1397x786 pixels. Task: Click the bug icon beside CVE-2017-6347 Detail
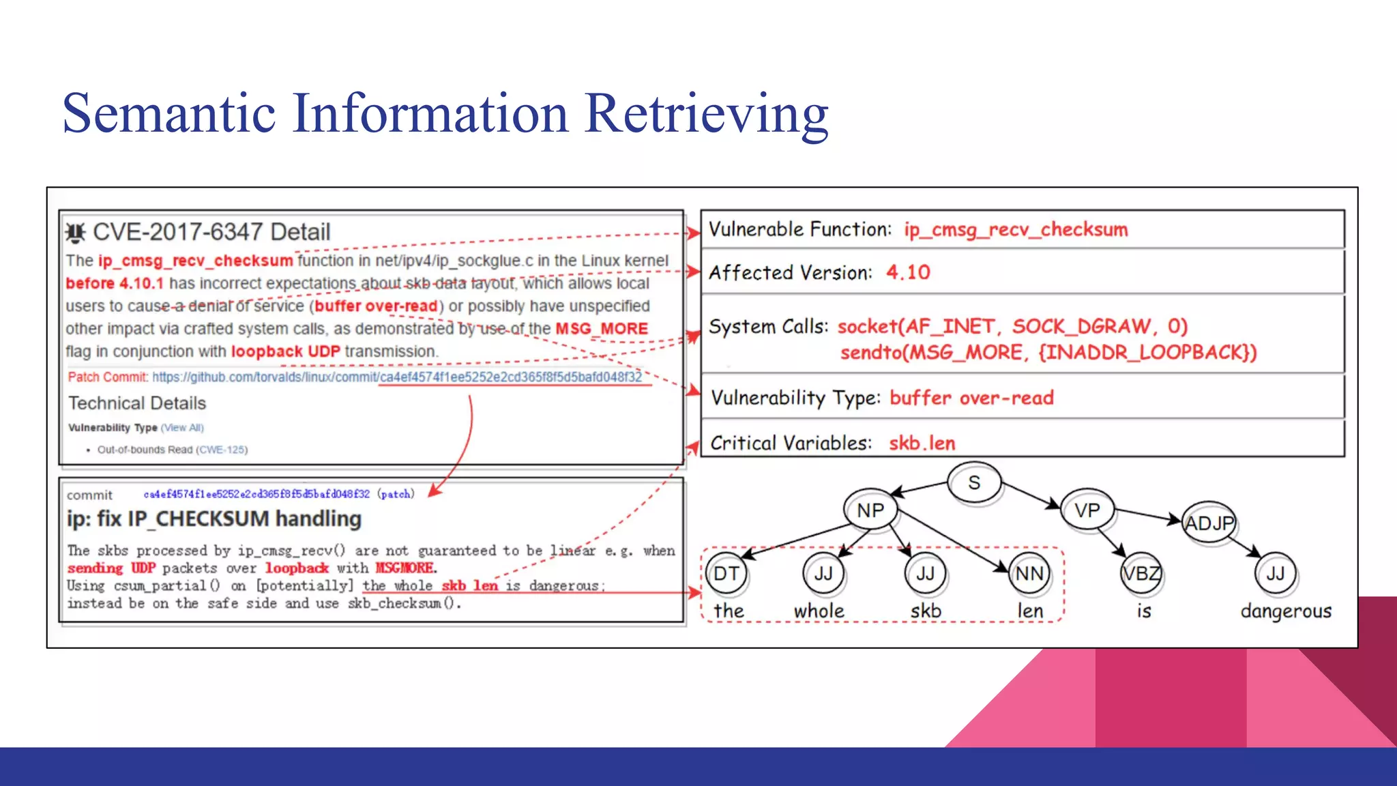[x=76, y=233]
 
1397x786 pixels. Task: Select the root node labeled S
[x=974, y=482]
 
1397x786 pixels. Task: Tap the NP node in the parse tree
[x=870, y=510]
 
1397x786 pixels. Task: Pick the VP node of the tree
[x=1087, y=510]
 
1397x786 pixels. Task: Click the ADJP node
[x=1209, y=523]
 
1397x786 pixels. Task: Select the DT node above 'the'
[x=726, y=574]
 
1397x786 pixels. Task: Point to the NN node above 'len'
[x=1029, y=574]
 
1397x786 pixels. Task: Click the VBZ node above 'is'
[x=1141, y=574]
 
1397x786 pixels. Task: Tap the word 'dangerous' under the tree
[x=1286, y=611]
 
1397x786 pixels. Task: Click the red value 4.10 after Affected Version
[x=908, y=272]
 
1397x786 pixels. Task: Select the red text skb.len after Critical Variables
[x=922, y=443]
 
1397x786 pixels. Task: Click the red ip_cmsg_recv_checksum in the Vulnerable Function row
[x=1016, y=229]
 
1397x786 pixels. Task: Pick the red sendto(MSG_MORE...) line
[x=1048, y=352]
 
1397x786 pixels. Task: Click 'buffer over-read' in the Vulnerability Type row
[x=971, y=397]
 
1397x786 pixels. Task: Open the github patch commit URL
[x=396, y=377]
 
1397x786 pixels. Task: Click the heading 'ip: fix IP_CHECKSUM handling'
[x=214, y=519]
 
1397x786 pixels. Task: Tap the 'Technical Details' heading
[x=137, y=403]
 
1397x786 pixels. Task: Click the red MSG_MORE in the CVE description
[x=602, y=329]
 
